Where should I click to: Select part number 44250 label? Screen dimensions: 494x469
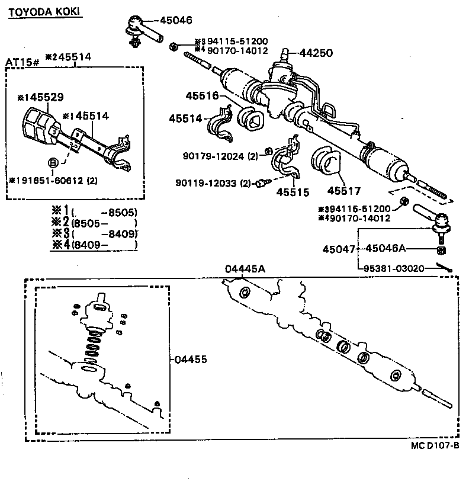(x=317, y=53)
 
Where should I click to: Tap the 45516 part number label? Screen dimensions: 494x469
(x=202, y=95)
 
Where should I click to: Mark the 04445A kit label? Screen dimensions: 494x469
(x=245, y=268)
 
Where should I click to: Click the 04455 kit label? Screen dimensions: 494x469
(x=189, y=359)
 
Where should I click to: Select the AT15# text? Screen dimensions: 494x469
(x=23, y=62)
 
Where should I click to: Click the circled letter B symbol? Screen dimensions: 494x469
(x=53, y=162)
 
